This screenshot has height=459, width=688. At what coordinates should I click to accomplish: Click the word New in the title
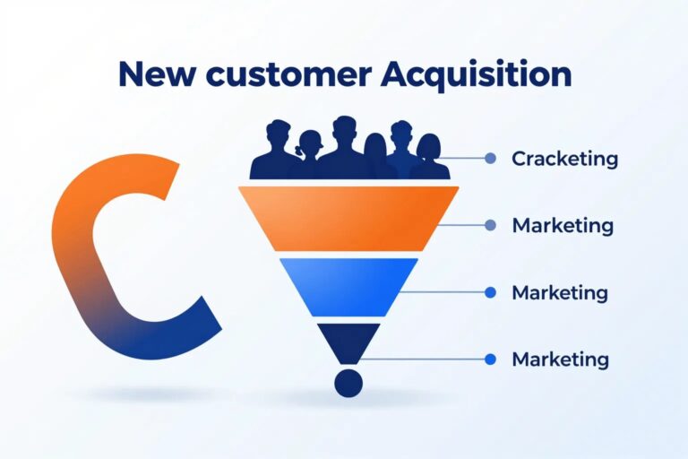[156, 74]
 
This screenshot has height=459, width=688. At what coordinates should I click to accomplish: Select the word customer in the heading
[288, 74]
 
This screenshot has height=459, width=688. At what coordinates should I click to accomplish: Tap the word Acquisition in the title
[477, 74]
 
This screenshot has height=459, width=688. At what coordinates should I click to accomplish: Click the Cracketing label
[564, 159]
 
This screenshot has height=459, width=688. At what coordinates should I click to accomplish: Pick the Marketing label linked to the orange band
[563, 226]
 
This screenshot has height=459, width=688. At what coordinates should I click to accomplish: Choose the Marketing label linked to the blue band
[560, 292]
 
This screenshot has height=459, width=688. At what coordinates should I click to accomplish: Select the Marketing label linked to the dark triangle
[560, 359]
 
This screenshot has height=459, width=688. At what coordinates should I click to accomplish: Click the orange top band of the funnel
[348, 219]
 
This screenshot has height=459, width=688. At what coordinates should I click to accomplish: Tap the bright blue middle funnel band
[348, 287]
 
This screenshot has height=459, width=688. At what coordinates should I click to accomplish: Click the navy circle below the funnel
[348, 383]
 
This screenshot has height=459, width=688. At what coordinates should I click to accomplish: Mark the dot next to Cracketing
[491, 158]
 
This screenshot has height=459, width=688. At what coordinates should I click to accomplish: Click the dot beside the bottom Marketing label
[491, 359]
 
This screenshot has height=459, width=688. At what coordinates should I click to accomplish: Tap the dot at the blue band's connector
[491, 292]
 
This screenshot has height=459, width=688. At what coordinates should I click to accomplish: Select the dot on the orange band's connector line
[491, 225]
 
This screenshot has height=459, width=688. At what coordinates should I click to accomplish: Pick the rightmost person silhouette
[429, 157]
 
